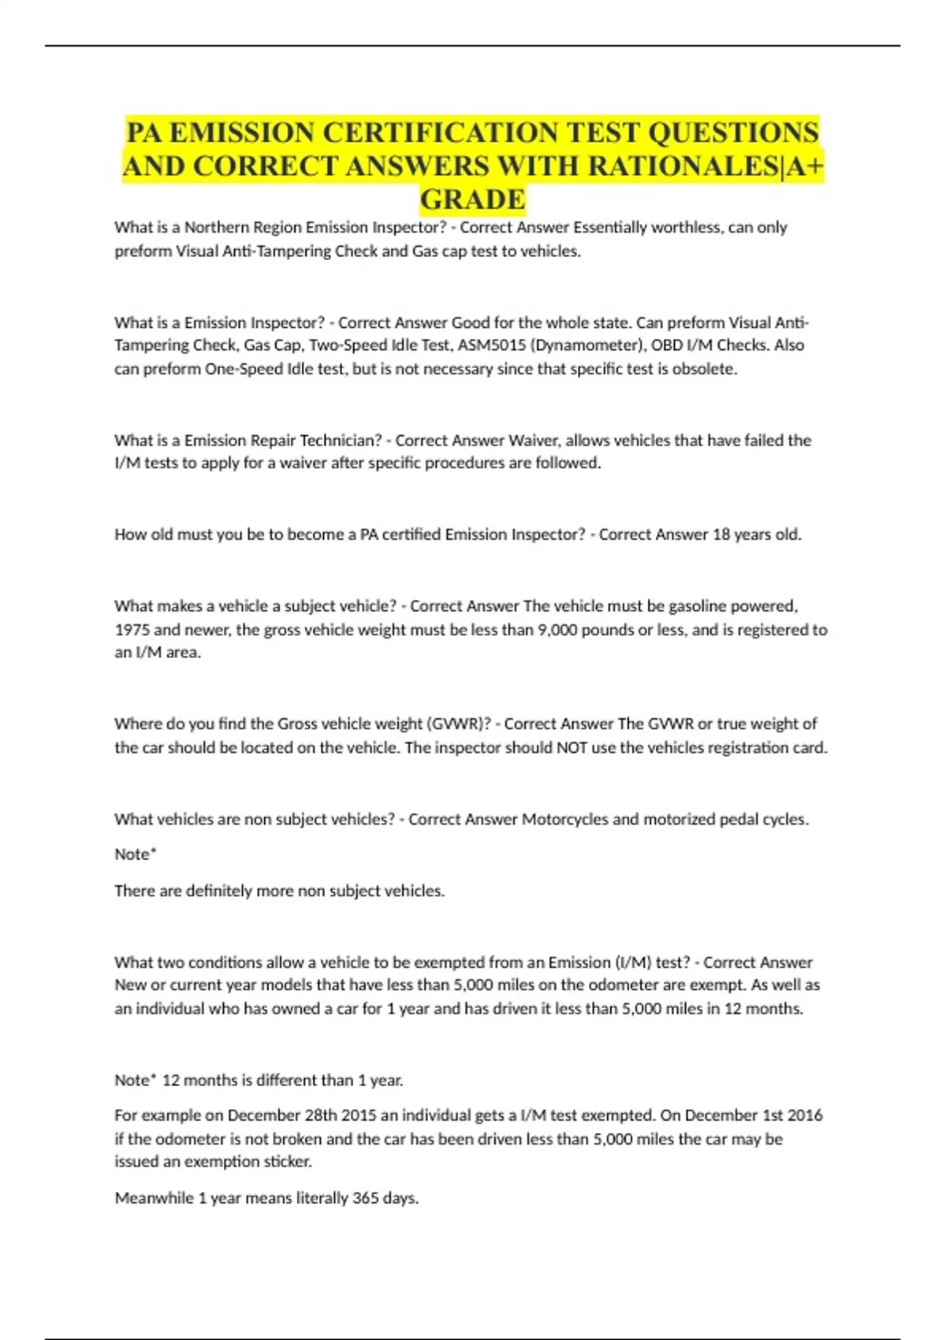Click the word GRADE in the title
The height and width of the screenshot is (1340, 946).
[472, 199]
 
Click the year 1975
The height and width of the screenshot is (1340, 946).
[132, 630]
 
